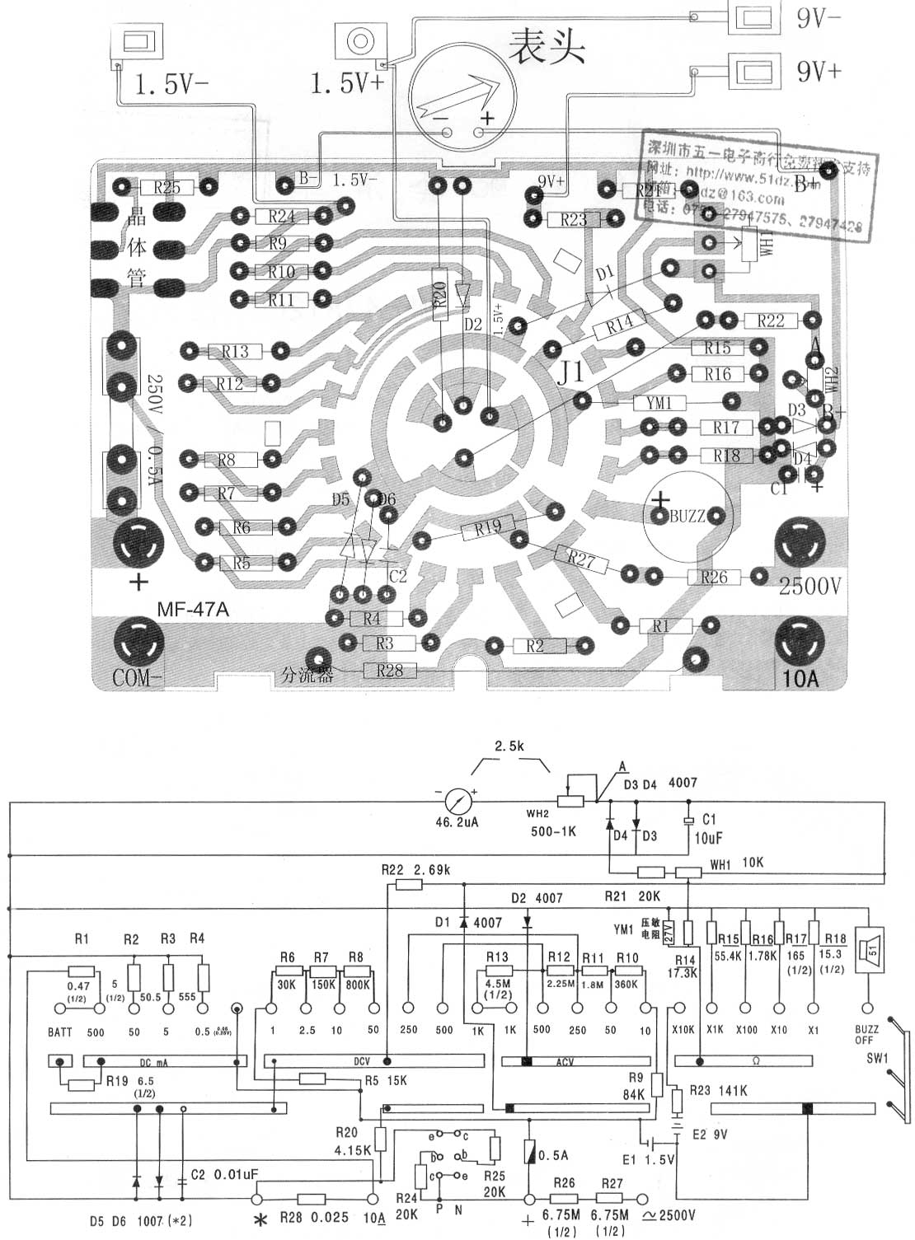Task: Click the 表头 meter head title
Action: (547, 47)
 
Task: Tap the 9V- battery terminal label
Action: (818, 18)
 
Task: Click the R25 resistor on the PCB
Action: (166, 188)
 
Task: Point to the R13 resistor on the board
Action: (234, 352)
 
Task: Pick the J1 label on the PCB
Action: (570, 373)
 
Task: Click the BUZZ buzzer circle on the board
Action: (686, 516)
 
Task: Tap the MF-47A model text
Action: (192, 611)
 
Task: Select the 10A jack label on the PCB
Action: (799, 680)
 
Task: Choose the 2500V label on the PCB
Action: (809, 586)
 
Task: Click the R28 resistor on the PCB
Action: (389, 671)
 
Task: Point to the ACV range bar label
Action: (565, 1062)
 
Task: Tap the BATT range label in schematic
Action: (60, 1032)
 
